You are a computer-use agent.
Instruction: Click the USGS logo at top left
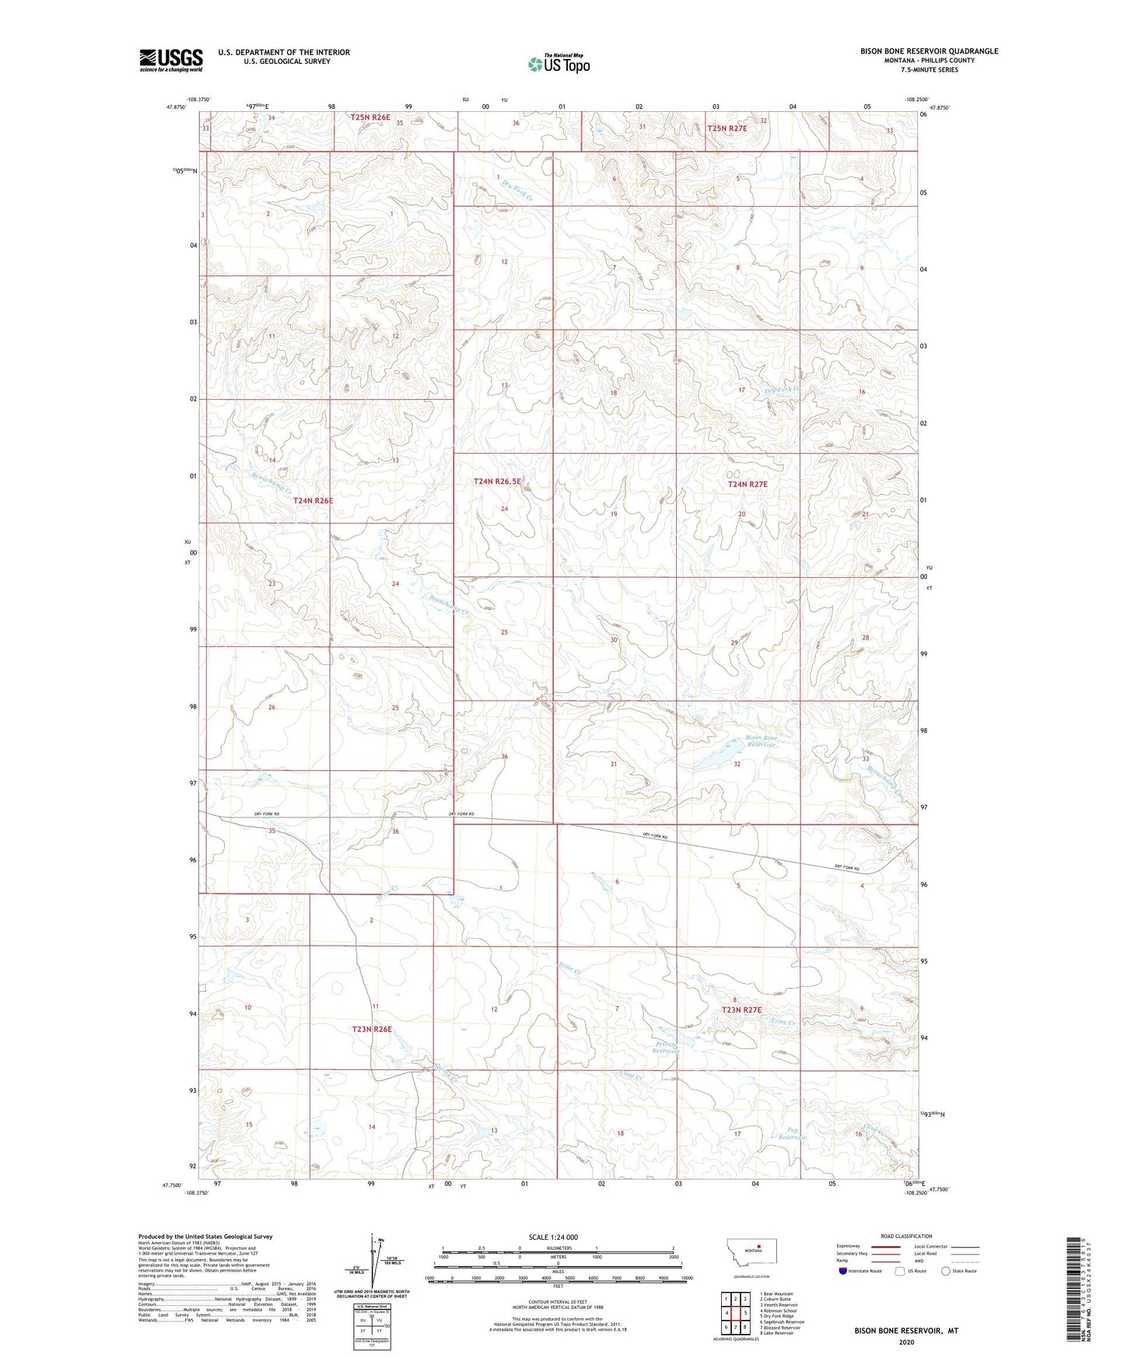[170, 60]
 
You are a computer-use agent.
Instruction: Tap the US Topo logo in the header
[558, 64]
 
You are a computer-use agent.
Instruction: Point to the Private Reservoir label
[667, 1047]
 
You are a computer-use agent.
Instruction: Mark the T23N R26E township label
[372, 1029]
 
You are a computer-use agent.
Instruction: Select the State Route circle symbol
[946, 1271]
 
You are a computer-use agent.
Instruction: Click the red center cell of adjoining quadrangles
[735, 1313]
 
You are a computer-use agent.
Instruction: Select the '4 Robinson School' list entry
[778, 1311]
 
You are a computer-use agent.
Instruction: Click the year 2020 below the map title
[906, 1342]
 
